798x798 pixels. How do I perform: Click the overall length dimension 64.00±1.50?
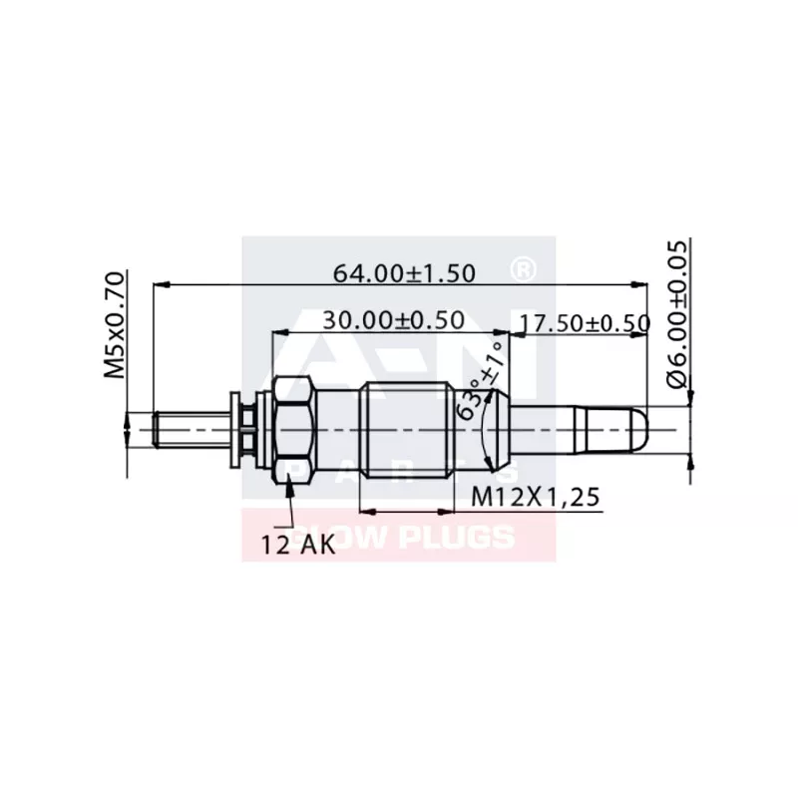pos(403,272)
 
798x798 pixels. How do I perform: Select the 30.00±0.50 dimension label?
pos(393,320)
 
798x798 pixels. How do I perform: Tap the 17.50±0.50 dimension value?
pos(586,323)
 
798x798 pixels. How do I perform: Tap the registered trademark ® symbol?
pos(522,269)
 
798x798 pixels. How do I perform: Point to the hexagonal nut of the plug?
pos(293,429)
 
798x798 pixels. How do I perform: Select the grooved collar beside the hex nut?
pos(244,429)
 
